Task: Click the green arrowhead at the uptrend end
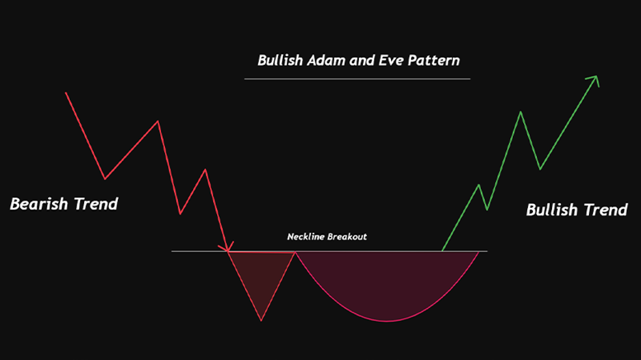tap(594, 79)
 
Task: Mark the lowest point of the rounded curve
tap(388, 321)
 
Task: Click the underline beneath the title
tap(357, 79)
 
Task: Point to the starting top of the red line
tap(66, 92)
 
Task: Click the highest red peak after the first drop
tap(158, 121)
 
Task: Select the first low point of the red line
tap(105, 179)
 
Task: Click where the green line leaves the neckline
tap(442, 250)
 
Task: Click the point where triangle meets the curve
tap(294, 252)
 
